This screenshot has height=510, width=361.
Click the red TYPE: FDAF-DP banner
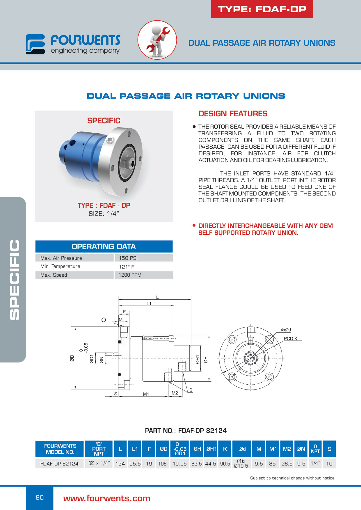point(262,9)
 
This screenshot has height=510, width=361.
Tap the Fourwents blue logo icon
point(35,44)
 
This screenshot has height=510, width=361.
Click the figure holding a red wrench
point(157,40)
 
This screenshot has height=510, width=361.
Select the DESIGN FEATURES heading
point(233,114)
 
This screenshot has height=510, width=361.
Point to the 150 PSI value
point(128,258)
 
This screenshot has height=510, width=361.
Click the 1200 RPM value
point(130,275)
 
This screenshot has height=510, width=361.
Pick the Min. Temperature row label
point(60,266)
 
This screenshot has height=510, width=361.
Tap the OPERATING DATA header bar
point(104,246)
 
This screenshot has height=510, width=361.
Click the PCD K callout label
point(291,338)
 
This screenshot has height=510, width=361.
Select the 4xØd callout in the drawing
point(286,330)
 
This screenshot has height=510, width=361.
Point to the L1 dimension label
point(149,303)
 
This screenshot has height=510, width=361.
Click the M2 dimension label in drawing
point(175,393)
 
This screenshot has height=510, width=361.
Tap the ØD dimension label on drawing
point(72,358)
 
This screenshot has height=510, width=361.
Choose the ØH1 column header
point(211,449)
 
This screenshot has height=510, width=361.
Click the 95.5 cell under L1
point(135,463)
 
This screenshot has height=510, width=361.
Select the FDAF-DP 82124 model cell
point(59,463)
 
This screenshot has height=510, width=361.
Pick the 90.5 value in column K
point(225,463)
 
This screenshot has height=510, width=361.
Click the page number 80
point(40,497)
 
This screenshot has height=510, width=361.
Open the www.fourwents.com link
point(107,498)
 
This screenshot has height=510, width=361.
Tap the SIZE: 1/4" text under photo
point(104,214)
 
